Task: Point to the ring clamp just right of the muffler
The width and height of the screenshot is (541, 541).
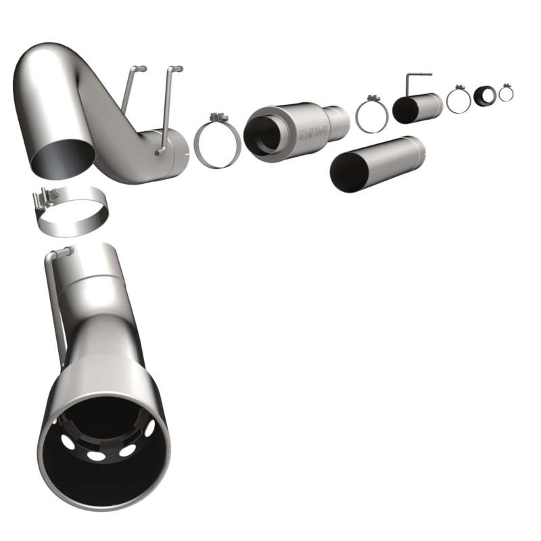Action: click(x=371, y=116)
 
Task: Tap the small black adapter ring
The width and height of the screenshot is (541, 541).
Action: click(x=484, y=96)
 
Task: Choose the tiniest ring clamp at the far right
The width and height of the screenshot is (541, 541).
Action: click(x=506, y=93)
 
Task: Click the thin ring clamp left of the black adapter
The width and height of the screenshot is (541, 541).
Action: click(x=458, y=100)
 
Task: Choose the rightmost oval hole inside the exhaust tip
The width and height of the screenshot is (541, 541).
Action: click(x=149, y=429)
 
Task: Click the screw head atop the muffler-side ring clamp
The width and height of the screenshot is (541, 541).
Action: click(x=218, y=118)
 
